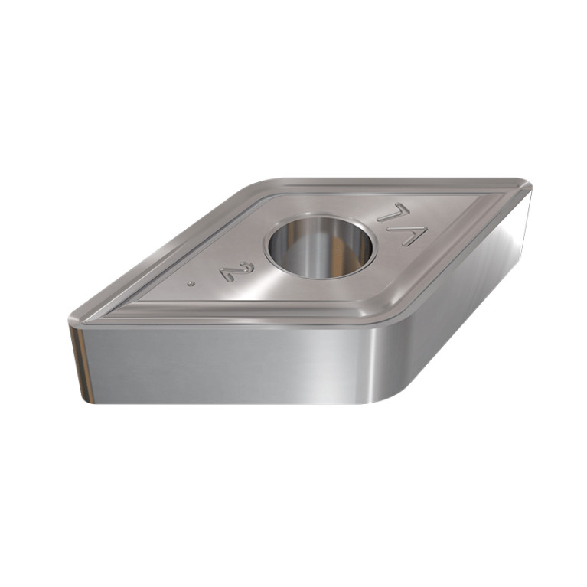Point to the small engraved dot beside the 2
tap(191, 283)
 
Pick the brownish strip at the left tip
tap(78, 360)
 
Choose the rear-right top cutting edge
tap(398, 181)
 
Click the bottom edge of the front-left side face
tap(230, 403)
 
